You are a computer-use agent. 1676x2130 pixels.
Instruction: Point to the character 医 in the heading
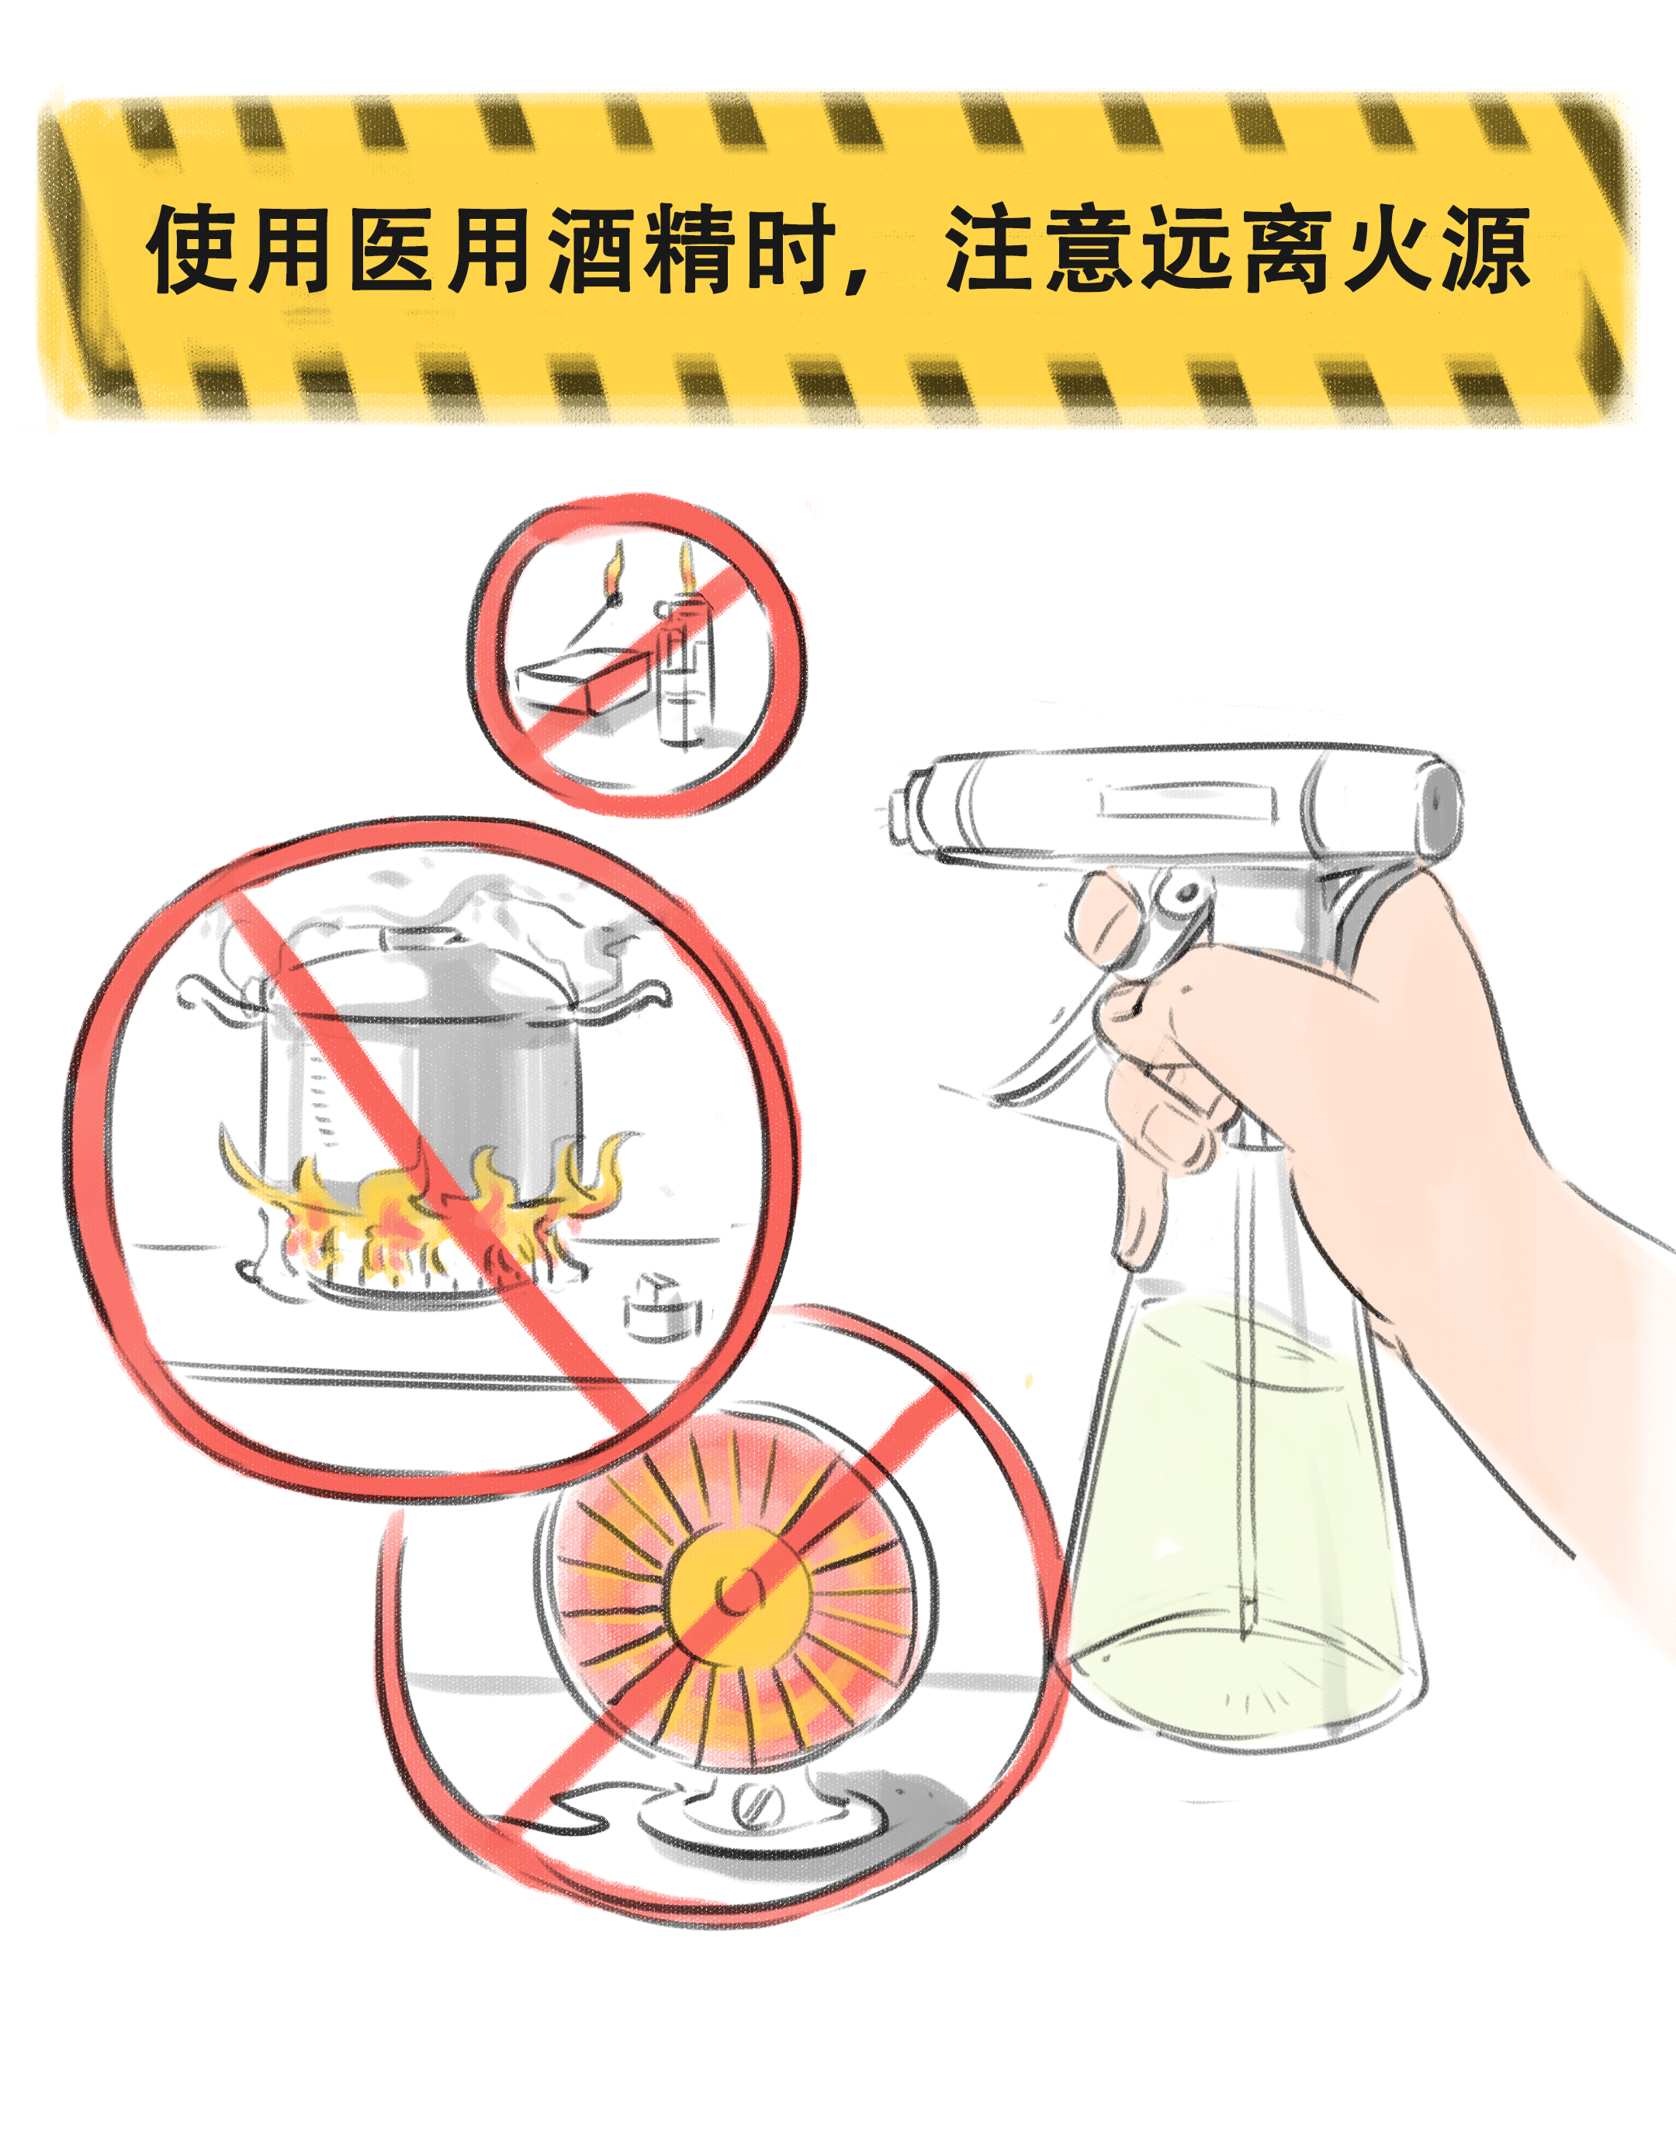coord(393,250)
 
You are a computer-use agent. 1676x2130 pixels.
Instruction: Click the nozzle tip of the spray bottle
coord(901,810)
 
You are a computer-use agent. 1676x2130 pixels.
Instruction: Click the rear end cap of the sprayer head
coord(1442,805)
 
